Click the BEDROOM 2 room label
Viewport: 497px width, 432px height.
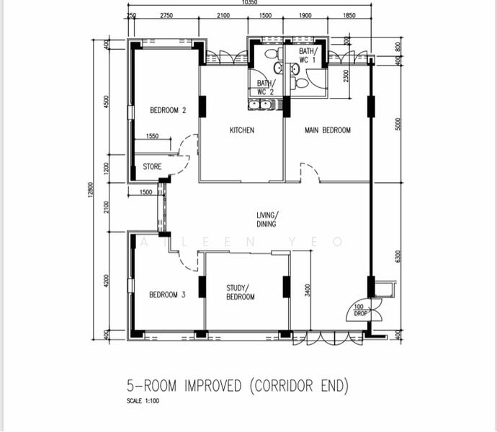point(168,110)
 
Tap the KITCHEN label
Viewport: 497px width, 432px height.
point(241,130)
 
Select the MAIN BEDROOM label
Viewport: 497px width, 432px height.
point(327,130)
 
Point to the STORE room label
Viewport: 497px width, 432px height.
point(152,167)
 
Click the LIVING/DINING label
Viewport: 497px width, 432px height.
point(267,220)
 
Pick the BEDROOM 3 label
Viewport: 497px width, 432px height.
point(167,294)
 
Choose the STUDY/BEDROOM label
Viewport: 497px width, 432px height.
point(240,292)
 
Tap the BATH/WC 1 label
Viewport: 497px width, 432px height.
point(308,55)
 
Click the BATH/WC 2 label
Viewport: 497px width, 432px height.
point(265,88)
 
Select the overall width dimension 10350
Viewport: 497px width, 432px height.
point(250,4)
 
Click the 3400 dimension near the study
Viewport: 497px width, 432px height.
point(308,291)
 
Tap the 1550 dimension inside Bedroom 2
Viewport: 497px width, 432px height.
point(152,136)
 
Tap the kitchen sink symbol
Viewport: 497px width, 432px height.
point(259,105)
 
